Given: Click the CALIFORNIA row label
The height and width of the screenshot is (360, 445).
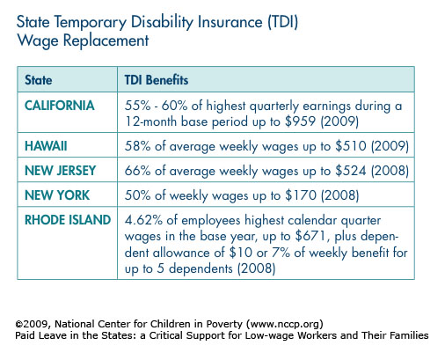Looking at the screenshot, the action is (60, 106).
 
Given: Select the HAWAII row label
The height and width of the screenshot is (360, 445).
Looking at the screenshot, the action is (46, 146).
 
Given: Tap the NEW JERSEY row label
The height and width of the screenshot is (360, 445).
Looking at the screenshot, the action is (61, 171).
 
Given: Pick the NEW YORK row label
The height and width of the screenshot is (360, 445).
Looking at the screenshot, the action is (57, 195).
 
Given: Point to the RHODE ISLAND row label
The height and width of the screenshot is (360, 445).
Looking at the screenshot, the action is (68, 220).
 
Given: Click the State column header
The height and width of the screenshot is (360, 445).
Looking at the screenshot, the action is (39, 80).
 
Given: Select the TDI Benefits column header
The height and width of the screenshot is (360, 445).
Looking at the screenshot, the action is (157, 80).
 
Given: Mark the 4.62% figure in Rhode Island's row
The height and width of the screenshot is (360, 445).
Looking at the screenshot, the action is (143, 220).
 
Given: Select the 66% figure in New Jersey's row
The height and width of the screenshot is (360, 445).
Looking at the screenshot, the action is (137, 171).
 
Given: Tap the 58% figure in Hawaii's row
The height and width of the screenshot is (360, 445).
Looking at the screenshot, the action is (137, 146).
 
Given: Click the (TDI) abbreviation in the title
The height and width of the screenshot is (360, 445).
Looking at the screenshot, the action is (282, 22).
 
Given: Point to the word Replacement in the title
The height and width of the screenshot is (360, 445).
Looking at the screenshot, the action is (106, 40).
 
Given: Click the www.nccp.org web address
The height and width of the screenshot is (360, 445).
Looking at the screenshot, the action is (284, 324).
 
